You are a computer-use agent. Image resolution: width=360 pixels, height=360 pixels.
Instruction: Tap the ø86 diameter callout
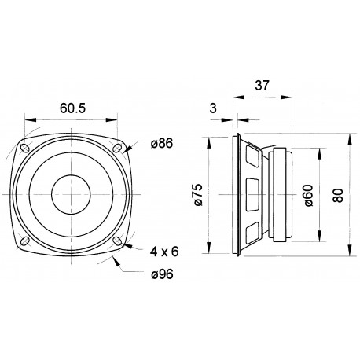coord(160,144)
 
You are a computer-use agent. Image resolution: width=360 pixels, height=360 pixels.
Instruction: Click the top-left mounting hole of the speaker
coord(25,148)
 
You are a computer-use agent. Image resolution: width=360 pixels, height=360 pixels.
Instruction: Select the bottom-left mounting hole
coord(25,241)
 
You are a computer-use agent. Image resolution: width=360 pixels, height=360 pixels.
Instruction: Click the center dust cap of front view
coord(71,194)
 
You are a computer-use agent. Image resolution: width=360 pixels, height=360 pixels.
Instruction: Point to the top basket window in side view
coord(252,160)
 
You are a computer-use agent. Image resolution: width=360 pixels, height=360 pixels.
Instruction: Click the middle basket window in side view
coord(252,194)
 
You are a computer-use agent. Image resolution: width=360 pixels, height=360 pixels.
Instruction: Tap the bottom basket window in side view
coord(252,228)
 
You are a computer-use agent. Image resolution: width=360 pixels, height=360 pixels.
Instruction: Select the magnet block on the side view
coord(281,194)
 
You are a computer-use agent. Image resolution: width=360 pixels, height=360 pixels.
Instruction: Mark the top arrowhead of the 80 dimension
coord(349,138)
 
